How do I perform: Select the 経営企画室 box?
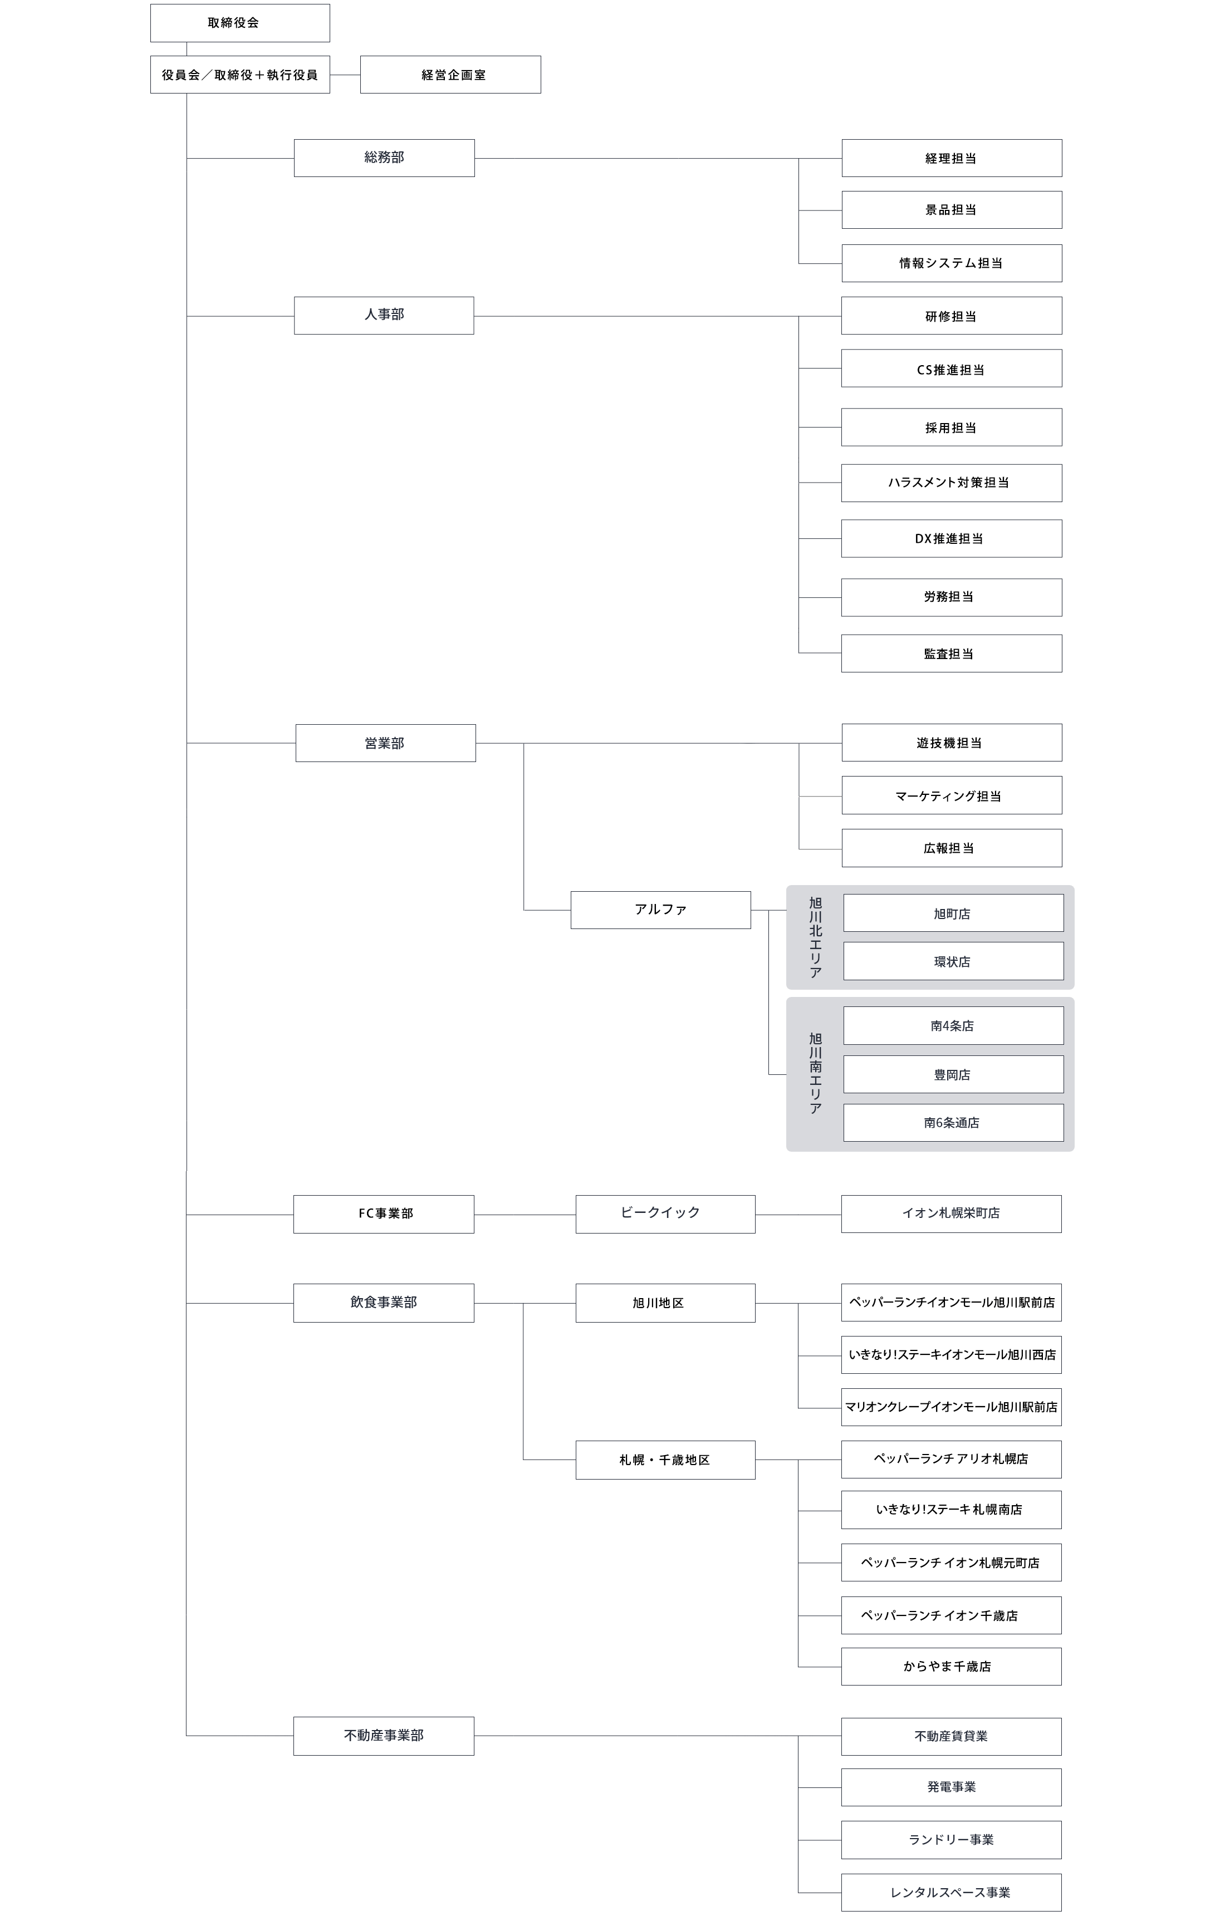click(x=450, y=75)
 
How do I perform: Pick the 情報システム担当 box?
click(x=952, y=263)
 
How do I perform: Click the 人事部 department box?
click(x=384, y=315)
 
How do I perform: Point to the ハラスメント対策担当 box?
click(x=952, y=483)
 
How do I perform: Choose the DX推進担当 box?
click(x=952, y=538)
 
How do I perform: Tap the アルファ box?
click(x=660, y=910)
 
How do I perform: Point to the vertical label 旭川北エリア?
click(x=815, y=937)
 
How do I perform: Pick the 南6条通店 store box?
click(x=953, y=1122)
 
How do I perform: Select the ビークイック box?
click(x=665, y=1214)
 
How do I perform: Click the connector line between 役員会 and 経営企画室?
click(x=345, y=75)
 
